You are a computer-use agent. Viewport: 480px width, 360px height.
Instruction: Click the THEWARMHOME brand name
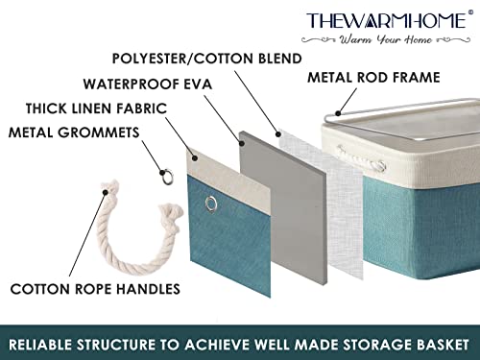click(x=388, y=21)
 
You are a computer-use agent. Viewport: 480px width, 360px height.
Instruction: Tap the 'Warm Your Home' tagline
click(x=386, y=39)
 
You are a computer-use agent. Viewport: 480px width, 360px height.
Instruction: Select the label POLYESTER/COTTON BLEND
click(x=206, y=59)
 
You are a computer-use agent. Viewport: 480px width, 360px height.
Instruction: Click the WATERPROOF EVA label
click(x=148, y=84)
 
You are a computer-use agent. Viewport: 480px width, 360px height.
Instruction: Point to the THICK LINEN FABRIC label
click(x=96, y=108)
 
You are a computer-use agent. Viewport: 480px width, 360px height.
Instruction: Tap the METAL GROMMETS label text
click(x=74, y=132)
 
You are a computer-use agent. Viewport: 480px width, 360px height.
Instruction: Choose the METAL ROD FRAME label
click(x=373, y=78)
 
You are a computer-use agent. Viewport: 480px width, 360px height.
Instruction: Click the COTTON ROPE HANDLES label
click(x=95, y=289)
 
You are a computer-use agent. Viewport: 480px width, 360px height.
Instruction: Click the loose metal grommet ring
click(x=167, y=177)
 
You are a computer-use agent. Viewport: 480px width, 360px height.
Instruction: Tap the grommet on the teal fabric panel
click(x=210, y=204)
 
